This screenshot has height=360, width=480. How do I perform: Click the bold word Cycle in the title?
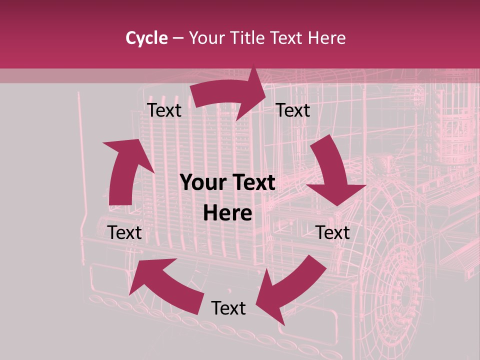(146, 38)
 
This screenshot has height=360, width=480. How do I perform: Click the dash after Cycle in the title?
(177, 38)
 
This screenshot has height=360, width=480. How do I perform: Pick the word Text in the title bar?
(287, 38)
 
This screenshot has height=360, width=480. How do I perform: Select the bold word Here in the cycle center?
(227, 213)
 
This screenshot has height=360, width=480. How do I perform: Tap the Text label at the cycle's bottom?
(228, 308)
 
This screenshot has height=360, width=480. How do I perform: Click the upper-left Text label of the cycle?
(164, 110)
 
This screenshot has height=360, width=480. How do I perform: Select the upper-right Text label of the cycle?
(293, 110)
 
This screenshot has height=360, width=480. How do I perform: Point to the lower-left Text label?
(125, 232)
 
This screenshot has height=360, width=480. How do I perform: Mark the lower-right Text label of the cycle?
(333, 232)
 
